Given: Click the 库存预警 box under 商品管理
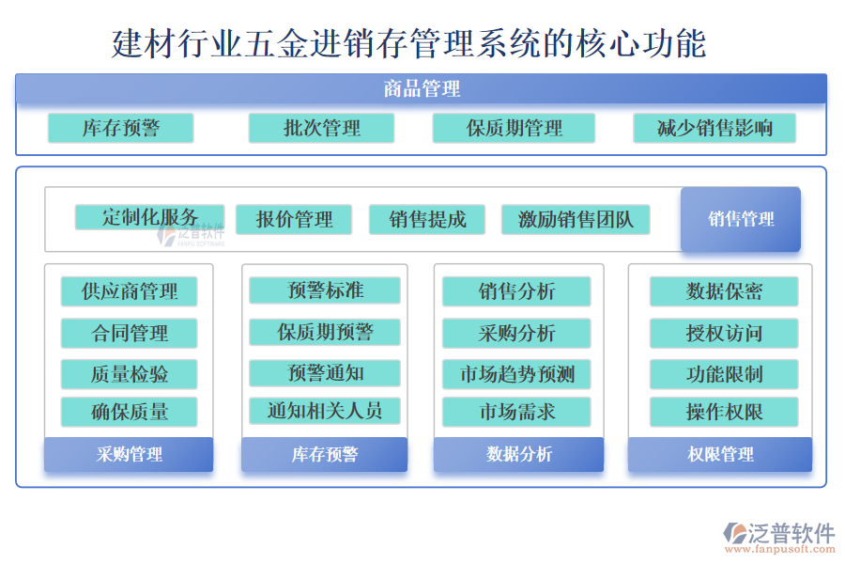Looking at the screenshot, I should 120,128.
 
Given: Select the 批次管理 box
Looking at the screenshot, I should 321,128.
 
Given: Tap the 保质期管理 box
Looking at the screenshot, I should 514,128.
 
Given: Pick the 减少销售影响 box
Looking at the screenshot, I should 714,128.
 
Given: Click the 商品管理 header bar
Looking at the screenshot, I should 421,89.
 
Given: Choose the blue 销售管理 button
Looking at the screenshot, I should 741,220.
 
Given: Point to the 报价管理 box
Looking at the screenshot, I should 294,220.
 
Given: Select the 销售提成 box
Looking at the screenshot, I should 427,220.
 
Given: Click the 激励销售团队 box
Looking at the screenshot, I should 576,220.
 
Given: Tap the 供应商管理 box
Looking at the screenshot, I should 130,291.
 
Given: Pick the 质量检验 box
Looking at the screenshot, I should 130,374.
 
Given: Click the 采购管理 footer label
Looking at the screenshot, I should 129,455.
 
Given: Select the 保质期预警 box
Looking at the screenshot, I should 325,332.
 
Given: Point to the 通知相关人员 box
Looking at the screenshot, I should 325,411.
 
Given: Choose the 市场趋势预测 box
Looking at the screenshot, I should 516,374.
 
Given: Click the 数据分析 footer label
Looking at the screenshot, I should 518,455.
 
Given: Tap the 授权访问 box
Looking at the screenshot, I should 724,333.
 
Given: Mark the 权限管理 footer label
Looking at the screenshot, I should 720,455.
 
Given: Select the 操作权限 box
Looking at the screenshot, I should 724,412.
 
